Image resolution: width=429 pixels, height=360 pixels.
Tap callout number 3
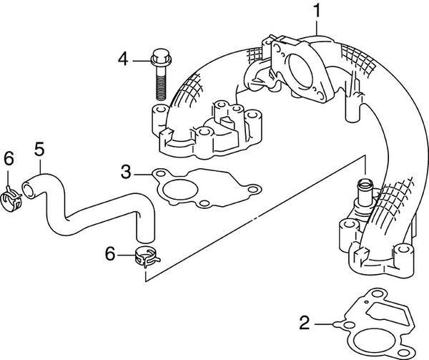pyautogui.click(x=126, y=171)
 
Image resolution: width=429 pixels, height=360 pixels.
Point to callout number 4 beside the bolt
pyautogui.click(x=123, y=59)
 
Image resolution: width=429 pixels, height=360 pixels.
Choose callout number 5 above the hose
pyautogui.click(x=39, y=149)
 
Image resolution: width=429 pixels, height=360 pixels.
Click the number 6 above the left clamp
pyautogui.click(x=9, y=158)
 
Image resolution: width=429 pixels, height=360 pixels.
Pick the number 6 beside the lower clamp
pyautogui.click(x=109, y=252)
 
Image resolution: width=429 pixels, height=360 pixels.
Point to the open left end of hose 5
pyautogui.click(x=27, y=189)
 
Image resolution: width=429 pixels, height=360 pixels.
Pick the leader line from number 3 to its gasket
pyautogui.click(x=142, y=172)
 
